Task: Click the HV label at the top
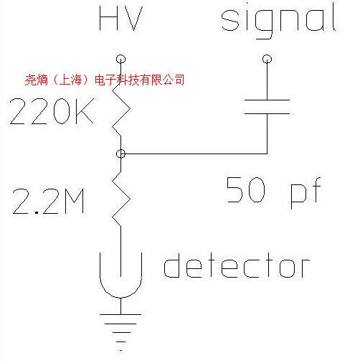120,20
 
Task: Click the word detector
237,266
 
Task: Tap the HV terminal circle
120,60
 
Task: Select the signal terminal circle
267,60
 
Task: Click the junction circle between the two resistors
120,154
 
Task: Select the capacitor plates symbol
267,107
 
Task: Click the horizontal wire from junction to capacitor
194,154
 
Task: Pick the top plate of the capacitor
267,100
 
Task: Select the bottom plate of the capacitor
267,113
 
